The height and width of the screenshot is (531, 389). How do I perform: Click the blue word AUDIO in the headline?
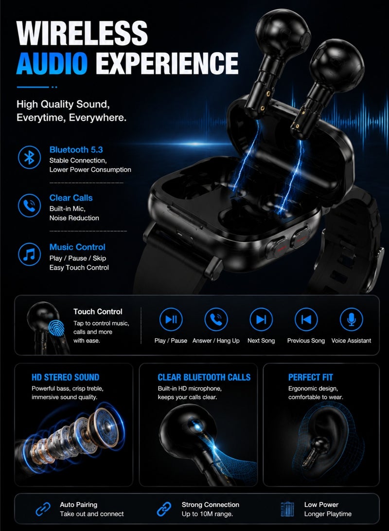[52, 63]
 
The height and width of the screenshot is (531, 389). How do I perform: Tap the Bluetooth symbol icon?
[30, 157]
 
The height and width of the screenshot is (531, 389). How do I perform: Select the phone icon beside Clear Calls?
[30, 205]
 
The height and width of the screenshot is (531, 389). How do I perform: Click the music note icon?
[30, 255]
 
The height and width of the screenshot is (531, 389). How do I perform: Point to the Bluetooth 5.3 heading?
[76, 150]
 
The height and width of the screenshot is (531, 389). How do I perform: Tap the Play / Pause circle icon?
[171, 319]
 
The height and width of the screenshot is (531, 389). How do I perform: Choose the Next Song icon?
[261, 319]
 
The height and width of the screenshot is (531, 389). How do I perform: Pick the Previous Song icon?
[306, 319]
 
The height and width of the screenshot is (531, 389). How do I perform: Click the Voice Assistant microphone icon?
[352, 319]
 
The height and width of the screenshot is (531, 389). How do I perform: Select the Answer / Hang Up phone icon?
[216, 319]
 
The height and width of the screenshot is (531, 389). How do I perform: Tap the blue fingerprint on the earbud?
[56, 328]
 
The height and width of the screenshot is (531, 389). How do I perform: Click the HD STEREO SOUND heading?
[66, 377]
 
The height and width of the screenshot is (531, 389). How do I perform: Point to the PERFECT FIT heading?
[311, 377]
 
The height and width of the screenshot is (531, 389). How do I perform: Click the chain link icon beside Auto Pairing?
[43, 509]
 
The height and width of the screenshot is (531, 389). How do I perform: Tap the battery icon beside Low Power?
[287, 509]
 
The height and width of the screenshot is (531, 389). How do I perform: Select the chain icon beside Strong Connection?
[164, 509]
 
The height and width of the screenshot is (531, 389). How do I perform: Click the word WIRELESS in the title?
[82, 33]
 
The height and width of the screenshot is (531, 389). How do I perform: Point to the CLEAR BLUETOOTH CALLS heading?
[204, 377]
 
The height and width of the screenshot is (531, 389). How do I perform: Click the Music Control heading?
[77, 247]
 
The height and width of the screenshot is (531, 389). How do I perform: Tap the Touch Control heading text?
[98, 311]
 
